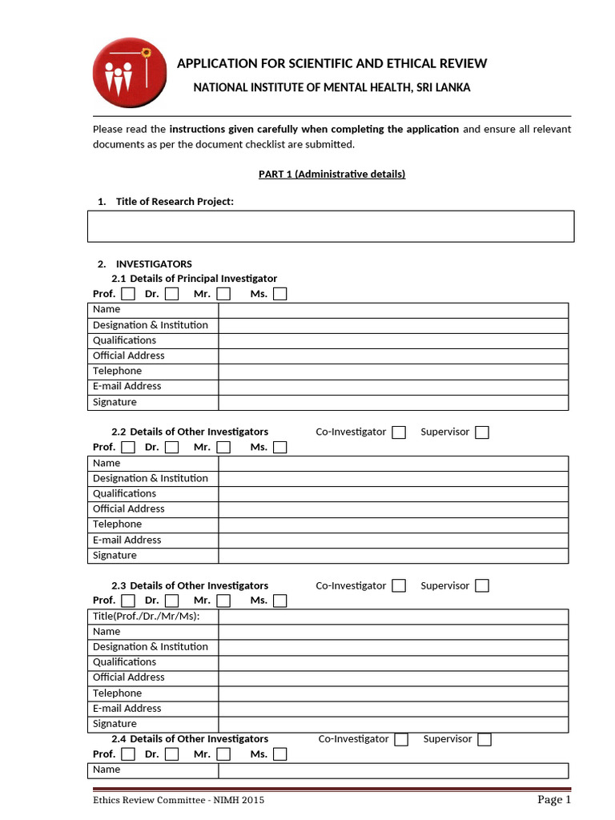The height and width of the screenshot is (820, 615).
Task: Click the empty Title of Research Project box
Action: point(330,226)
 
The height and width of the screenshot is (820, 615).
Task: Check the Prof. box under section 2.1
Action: point(128,294)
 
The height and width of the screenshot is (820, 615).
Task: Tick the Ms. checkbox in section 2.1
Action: point(279,294)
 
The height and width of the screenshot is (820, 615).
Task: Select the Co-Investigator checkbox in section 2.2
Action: point(399,432)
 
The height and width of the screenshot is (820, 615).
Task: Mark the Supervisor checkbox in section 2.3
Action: point(481,586)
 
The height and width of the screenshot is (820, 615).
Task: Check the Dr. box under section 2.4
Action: point(171,754)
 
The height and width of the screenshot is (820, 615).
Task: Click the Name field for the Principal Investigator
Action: point(393,310)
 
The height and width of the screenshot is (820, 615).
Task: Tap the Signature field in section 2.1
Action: point(393,403)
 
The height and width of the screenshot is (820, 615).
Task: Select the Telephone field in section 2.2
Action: point(393,525)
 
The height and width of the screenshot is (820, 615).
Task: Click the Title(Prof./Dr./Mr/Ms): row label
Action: point(146,617)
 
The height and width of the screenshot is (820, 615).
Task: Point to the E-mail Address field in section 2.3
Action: point(393,709)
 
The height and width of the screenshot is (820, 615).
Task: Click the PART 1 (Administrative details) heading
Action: point(332,175)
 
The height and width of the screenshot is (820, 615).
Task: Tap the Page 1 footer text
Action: point(553,800)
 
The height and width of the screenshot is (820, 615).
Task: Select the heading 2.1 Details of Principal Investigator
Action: point(195,279)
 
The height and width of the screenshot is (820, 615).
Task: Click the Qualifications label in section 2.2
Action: point(124,494)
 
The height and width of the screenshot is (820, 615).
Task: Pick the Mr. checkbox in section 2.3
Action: point(223,601)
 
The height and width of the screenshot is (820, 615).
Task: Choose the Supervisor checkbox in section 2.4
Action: point(484,739)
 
